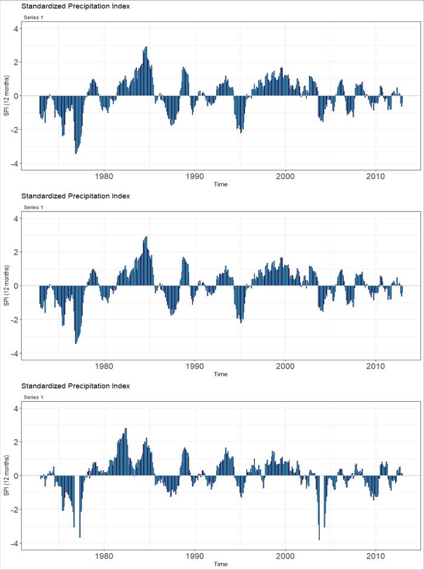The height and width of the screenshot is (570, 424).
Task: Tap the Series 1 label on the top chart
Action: click(33, 17)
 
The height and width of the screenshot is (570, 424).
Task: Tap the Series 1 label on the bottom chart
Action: click(33, 398)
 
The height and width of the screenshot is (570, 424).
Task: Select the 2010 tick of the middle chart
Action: click(376, 366)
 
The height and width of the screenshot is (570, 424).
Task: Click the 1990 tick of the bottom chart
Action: click(195, 556)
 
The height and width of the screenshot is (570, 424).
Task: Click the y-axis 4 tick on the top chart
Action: click(17, 28)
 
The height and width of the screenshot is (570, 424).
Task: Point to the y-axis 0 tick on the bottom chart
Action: click(17, 475)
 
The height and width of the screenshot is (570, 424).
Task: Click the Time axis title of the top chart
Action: click(220, 184)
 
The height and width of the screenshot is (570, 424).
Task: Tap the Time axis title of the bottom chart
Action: click(220, 564)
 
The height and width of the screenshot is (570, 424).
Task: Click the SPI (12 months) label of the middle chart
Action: click(6, 286)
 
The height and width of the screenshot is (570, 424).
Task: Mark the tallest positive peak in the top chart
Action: click(146, 48)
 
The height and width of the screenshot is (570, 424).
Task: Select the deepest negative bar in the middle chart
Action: click(76, 343)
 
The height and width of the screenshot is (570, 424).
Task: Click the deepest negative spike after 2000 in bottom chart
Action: click(319, 539)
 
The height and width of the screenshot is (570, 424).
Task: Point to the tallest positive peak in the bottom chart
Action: click(126, 429)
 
